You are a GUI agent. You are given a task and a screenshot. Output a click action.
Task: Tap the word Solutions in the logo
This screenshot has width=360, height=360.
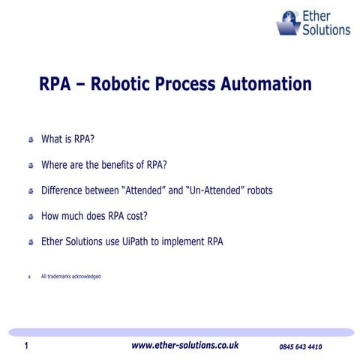point(325,30)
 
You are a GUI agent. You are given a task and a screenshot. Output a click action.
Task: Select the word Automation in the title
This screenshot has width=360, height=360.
point(265,84)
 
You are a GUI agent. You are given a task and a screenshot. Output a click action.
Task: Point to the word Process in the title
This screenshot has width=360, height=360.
point(186,84)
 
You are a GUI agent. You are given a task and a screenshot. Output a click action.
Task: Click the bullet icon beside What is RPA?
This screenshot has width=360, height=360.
point(31,140)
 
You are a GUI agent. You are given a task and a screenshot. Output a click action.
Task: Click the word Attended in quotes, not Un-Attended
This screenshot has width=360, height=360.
point(142,190)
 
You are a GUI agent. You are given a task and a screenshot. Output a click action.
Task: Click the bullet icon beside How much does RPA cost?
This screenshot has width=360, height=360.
point(31,217)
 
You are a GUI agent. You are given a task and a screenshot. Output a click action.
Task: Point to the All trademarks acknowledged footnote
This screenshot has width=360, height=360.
point(70,277)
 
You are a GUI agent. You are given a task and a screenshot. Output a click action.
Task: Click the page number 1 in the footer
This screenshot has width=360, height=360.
point(26,346)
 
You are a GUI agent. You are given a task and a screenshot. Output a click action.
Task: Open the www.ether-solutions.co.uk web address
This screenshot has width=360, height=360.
point(184,346)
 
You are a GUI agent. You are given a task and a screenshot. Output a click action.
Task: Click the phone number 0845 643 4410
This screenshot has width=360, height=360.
point(300,347)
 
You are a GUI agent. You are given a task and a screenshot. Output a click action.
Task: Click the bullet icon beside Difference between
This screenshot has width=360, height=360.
point(31,191)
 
